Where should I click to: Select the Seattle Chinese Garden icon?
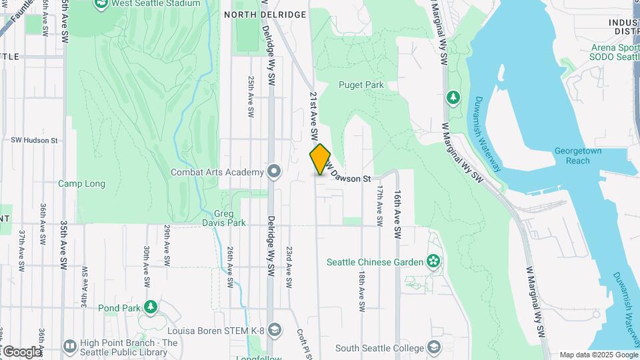point(434,261)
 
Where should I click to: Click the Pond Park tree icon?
point(151,307)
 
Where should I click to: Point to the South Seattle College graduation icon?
point(434,347)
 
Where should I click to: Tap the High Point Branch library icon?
point(69,346)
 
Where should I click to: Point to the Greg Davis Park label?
point(225,218)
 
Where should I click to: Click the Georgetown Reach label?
point(577,156)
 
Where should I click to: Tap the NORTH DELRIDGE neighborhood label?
point(265,14)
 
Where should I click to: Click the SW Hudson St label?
point(35,141)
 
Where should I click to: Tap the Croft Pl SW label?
point(302,343)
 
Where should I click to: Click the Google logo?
point(21,351)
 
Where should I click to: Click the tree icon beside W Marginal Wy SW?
point(454,98)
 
